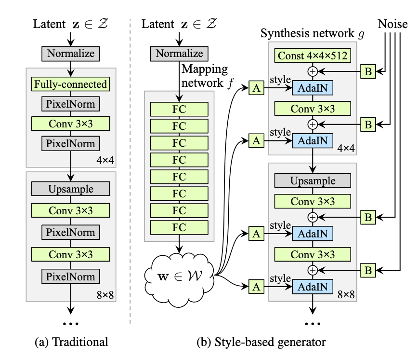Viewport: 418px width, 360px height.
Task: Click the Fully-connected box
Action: (x=71, y=84)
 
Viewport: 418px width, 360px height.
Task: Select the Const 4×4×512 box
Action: (x=313, y=56)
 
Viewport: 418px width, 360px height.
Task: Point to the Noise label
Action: (x=392, y=24)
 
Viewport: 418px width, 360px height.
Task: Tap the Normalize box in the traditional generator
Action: (x=71, y=53)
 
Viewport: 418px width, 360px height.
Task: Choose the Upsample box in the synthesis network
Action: (x=313, y=180)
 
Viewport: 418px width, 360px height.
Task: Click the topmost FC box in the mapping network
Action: (x=179, y=110)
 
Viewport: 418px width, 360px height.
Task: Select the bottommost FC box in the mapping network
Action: (x=179, y=227)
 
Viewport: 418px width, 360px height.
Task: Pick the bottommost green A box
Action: (x=256, y=287)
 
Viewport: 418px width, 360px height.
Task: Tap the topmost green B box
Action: (x=368, y=71)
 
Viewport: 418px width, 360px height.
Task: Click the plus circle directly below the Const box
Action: (x=313, y=71)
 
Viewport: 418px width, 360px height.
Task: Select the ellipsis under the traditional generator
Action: (x=71, y=322)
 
